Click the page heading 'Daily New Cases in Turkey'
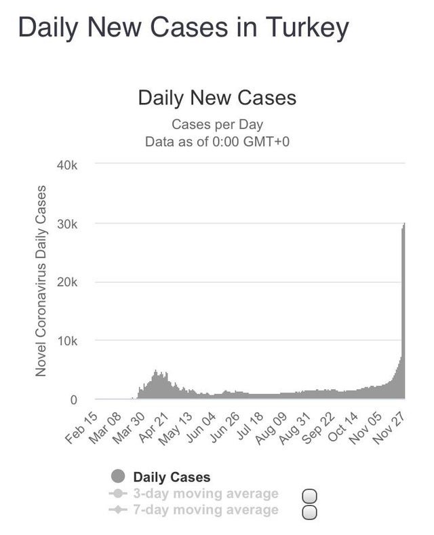point(183,28)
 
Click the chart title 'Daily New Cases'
point(217,98)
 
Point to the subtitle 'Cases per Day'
point(217,124)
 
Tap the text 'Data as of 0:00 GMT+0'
point(217,142)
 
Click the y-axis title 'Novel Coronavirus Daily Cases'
point(41,280)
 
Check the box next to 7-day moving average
point(309,511)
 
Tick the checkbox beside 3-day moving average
point(309,496)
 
